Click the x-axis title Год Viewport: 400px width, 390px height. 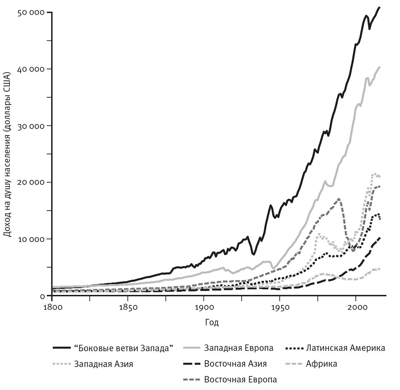point(212,323)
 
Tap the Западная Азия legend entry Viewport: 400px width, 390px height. point(103,364)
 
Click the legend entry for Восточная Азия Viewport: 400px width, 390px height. point(235,364)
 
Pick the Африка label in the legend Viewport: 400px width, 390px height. point(322,364)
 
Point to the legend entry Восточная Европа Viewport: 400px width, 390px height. point(240,379)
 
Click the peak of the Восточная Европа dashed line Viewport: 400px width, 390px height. point(339,198)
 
